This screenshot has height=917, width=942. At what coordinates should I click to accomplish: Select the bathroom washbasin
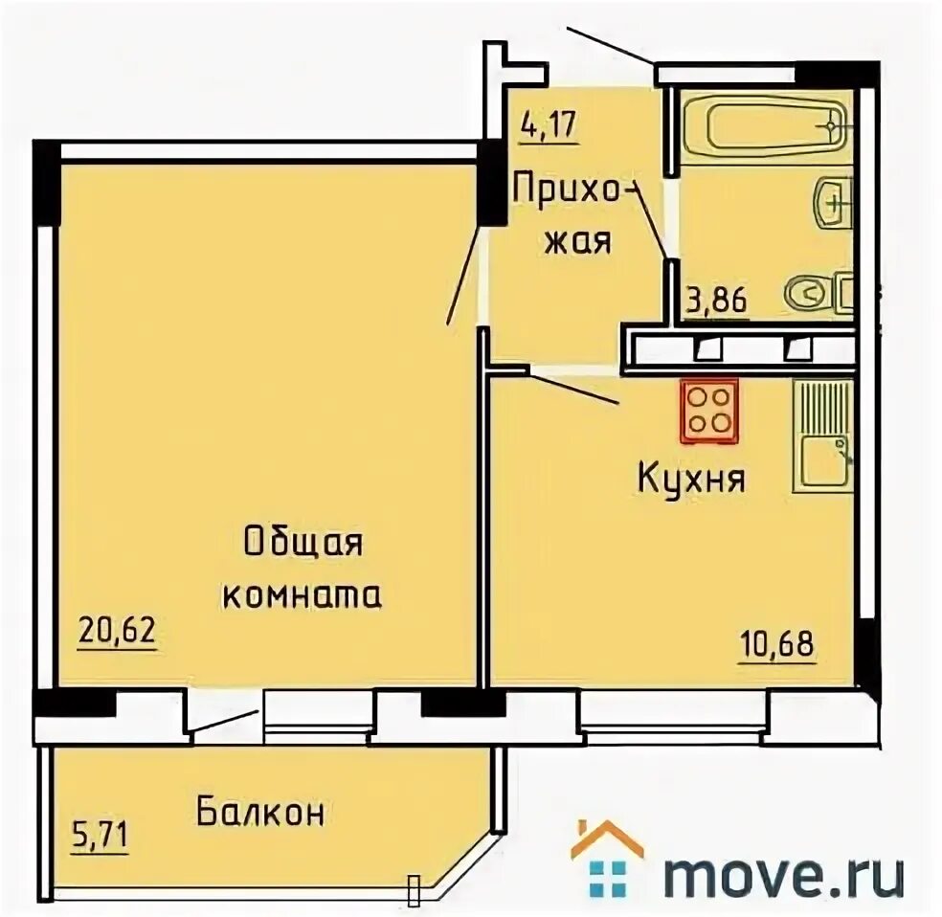(x=833, y=204)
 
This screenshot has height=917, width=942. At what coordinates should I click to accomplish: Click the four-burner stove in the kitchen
(x=709, y=411)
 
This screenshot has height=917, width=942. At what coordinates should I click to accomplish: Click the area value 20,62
(x=117, y=632)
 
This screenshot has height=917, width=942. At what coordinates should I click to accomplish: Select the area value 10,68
(x=777, y=645)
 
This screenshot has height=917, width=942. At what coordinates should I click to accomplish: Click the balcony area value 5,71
(x=100, y=836)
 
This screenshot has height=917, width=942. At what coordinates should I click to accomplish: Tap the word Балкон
(x=260, y=813)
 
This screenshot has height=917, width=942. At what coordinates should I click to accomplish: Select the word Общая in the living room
(x=304, y=544)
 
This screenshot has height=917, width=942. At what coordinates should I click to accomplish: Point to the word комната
(x=303, y=595)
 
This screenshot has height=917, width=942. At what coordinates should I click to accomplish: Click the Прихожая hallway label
(x=575, y=213)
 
